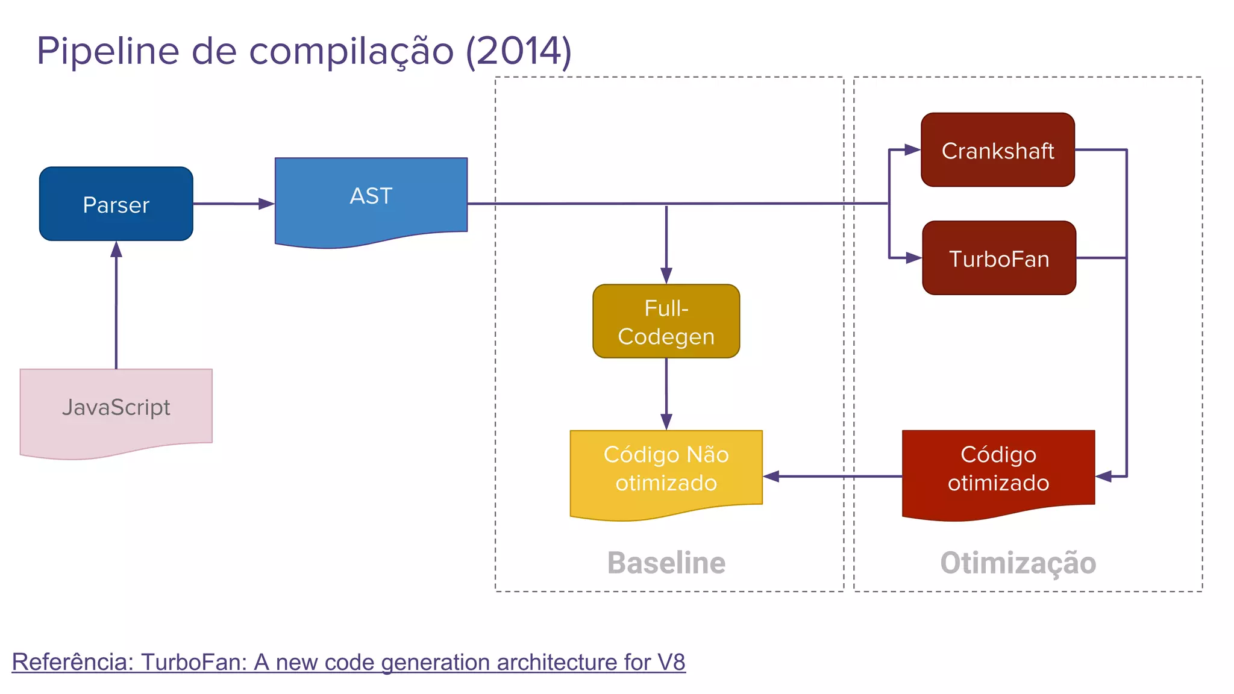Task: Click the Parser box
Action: pyautogui.click(x=116, y=204)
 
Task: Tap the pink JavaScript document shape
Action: pyautogui.click(x=116, y=409)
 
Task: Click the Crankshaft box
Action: pyautogui.click(x=998, y=150)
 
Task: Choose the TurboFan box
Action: pyautogui.click(x=999, y=258)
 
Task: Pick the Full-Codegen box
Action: pyautogui.click(x=666, y=322)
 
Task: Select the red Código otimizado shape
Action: pyautogui.click(x=998, y=470)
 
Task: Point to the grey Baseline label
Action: pyautogui.click(x=666, y=563)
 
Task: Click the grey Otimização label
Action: pyautogui.click(x=1018, y=563)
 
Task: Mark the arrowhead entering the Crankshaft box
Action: pyautogui.click(x=912, y=149)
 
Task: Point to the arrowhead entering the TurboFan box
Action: pyautogui.click(x=913, y=258)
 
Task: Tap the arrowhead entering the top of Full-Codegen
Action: pyautogui.click(x=666, y=275)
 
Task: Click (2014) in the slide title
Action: pyautogui.click(x=518, y=51)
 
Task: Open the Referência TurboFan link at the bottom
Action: pyautogui.click(x=348, y=662)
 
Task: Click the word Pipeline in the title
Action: pyautogui.click(x=108, y=51)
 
